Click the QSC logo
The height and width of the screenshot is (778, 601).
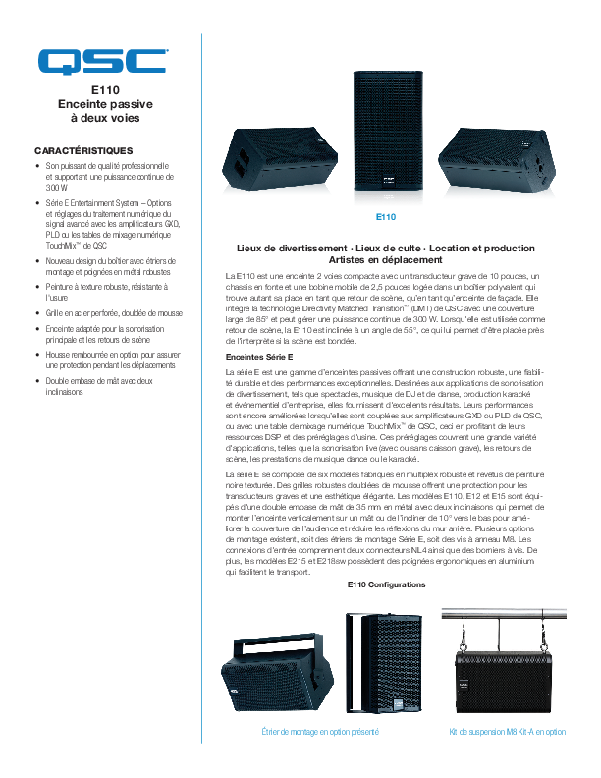103,61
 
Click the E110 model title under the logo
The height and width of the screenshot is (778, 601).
104,89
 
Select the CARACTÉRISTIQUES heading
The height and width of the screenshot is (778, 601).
83,150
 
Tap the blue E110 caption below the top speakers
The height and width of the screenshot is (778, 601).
386,216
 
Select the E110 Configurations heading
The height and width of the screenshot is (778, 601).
386,584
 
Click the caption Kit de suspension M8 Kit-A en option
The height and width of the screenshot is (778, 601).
507,732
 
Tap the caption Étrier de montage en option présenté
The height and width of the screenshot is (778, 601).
320,732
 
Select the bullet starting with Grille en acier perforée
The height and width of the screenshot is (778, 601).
113,314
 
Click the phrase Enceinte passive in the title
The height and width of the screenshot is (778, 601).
104,103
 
